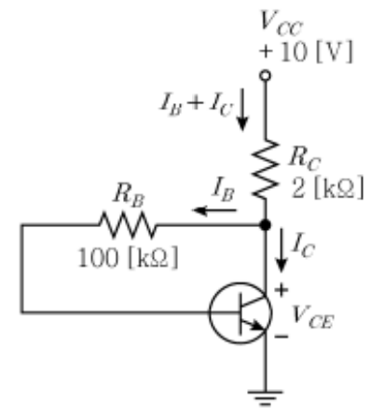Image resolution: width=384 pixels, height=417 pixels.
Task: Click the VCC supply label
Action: click(x=281, y=23)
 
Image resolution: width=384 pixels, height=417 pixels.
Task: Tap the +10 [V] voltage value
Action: click(x=306, y=51)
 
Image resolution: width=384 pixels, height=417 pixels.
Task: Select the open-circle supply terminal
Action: click(x=266, y=75)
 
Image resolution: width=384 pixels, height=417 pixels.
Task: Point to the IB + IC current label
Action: click(x=196, y=104)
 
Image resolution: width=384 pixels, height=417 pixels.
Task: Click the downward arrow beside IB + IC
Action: click(x=242, y=109)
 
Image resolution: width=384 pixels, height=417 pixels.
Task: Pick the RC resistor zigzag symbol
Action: click(x=266, y=169)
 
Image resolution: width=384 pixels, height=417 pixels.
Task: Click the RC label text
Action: click(x=305, y=158)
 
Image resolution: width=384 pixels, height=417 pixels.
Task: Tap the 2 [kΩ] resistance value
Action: click(x=327, y=188)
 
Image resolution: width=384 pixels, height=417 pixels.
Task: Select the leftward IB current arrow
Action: click(x=214, y=210)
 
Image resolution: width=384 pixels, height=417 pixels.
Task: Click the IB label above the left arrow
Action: click(x=223, y=189)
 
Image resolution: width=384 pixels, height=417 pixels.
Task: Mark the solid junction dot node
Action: click(x=266, y=224)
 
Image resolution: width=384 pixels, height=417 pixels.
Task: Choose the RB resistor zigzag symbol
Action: click(x=128, y=224)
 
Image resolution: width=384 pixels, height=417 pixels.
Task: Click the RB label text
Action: click(x=130, y=195)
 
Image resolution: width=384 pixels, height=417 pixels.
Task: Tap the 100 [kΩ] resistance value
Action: click(x=128, y=258)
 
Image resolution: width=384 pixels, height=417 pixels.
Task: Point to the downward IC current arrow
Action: click(x=281, y=250)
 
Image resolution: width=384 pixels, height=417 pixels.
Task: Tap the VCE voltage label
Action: click(x=312, y=317)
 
